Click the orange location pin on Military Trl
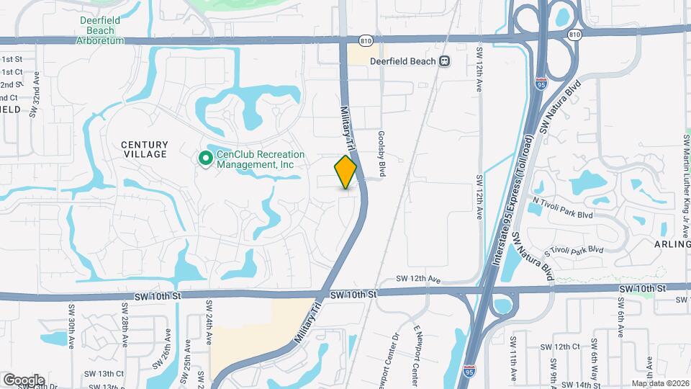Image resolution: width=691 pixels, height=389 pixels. pyautogui.click(x=346, y=171)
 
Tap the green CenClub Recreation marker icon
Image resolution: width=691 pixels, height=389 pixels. pyautogui.click(x=205, y=158)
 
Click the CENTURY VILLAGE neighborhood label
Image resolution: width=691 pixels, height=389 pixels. pyautogui.click(x=144, y=149)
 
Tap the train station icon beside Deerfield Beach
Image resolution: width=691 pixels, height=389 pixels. pyautogui.click(x=445, y=61)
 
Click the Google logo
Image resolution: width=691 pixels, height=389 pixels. pyautogui.click(x=24, y=380)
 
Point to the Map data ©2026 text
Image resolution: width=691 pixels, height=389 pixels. pyautogui.click(x=660, y=383)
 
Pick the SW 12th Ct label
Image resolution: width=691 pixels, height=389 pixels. pyautogui.click(x=566, y=346)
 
